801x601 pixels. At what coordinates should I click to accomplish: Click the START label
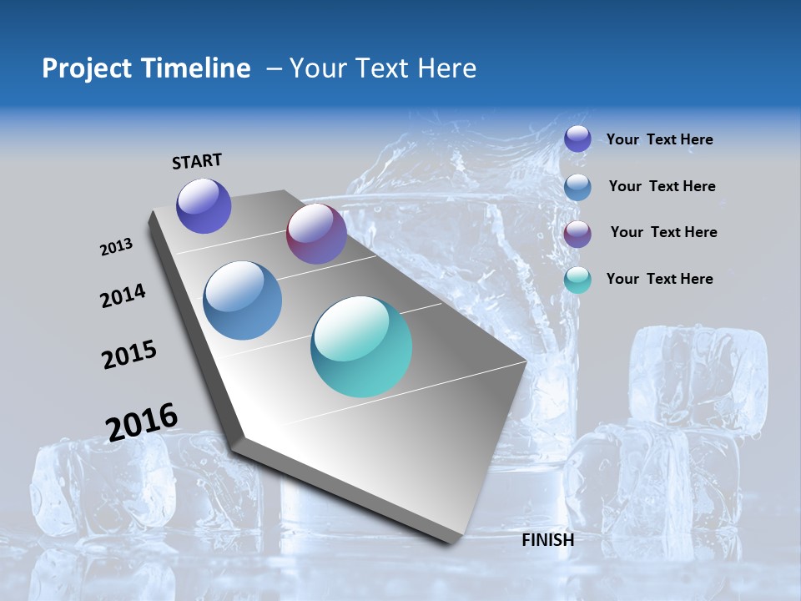pos(197,161)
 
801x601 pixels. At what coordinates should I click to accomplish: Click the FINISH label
pos(547,540)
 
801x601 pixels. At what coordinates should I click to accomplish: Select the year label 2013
pos(116,247)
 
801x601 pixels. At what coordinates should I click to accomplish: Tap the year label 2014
pos(123,296)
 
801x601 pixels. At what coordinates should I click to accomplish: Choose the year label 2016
pos(142,422)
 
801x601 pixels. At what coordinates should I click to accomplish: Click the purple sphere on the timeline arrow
pos(204,206)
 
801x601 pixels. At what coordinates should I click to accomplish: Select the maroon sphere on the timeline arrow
pos(316,234)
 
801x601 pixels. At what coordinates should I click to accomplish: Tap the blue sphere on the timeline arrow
pos(242,300)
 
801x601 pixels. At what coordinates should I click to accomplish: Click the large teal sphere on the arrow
pos(361,346)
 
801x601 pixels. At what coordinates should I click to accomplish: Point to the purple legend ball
pos(577,139)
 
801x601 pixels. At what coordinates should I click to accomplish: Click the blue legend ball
pos(577,187)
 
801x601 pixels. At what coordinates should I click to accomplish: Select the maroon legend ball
pos(577,234)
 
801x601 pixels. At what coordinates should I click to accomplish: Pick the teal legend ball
pos(577,280)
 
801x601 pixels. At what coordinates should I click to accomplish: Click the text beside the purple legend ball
pos(659,140)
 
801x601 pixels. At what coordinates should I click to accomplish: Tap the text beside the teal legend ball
pos(659,279)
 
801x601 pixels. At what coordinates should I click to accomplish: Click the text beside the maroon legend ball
pos(663,232)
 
